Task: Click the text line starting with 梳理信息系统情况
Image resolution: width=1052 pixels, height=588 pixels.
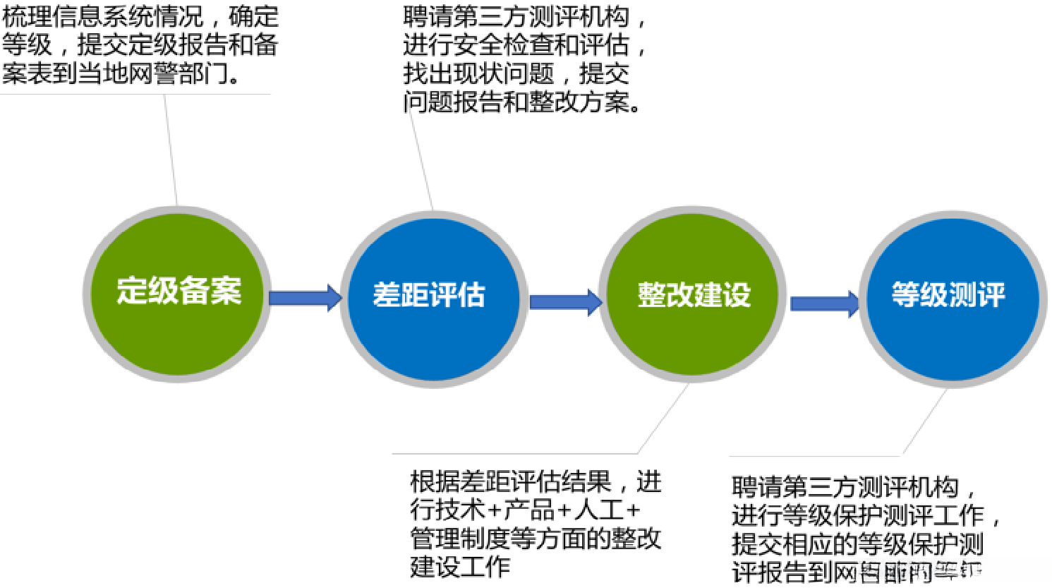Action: pyautogui.click(x=140, y=16)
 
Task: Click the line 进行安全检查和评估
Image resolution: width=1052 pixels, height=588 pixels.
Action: pyautogui.click(x=524, y=45)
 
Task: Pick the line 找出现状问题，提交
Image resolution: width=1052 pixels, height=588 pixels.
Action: pyautogui.click(x=516, y=73)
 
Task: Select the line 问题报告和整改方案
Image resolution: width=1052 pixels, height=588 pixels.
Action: pyautogui.click(x=522, y=102)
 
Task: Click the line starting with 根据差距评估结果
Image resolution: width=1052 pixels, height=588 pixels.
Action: pyautogui.click(x=536, y=482)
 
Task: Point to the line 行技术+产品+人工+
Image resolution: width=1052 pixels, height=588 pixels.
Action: pyautogui.click(x=525, y=510)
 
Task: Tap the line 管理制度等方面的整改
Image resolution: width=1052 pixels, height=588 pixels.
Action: pyautogui.click(x=536, y=538)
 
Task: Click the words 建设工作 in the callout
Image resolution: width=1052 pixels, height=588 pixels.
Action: pyautogui.click(x=460, y=566)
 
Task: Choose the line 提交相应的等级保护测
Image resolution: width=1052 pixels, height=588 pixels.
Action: pyautogui.click(x=857, y=544)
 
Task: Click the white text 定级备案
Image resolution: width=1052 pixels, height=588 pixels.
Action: pyautogui.click(x=179, y=291)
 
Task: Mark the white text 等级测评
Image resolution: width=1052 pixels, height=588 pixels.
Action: pyautogui.click(x=948, y=294)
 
